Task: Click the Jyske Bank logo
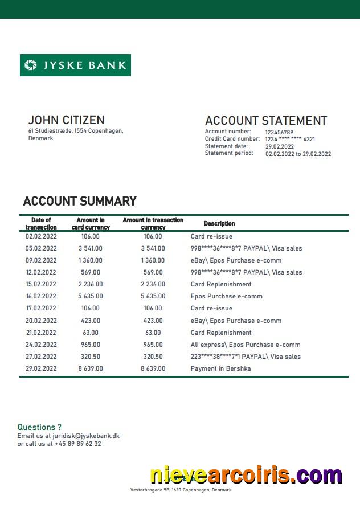(75, 65)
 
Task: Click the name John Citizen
(66, 120)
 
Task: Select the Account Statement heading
(265, 121)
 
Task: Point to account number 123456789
(279, 132)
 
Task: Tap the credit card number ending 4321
(290, 139)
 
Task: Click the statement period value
(298, 154)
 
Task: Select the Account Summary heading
(80, 201)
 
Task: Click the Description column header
(219, 224)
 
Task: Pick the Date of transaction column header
(41, 223)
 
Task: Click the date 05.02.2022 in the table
(41, 248)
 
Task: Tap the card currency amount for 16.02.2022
(91, 296)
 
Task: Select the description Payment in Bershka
(220, 368)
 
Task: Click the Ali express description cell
(245, 345)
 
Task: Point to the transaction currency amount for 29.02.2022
(153, 368)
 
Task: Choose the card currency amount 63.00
(90, 333)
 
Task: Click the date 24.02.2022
(41, 345)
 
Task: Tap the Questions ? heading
(39, 427)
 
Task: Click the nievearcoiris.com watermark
(246, 475)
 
